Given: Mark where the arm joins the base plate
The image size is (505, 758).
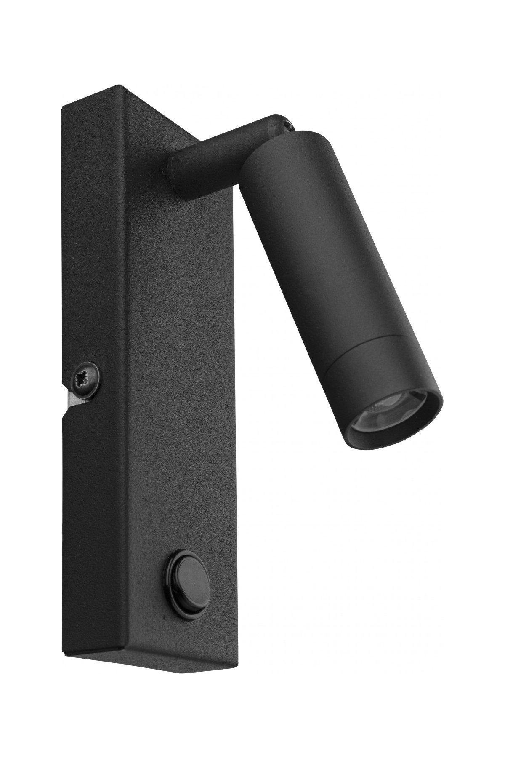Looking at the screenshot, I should click(x=177, y=173).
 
